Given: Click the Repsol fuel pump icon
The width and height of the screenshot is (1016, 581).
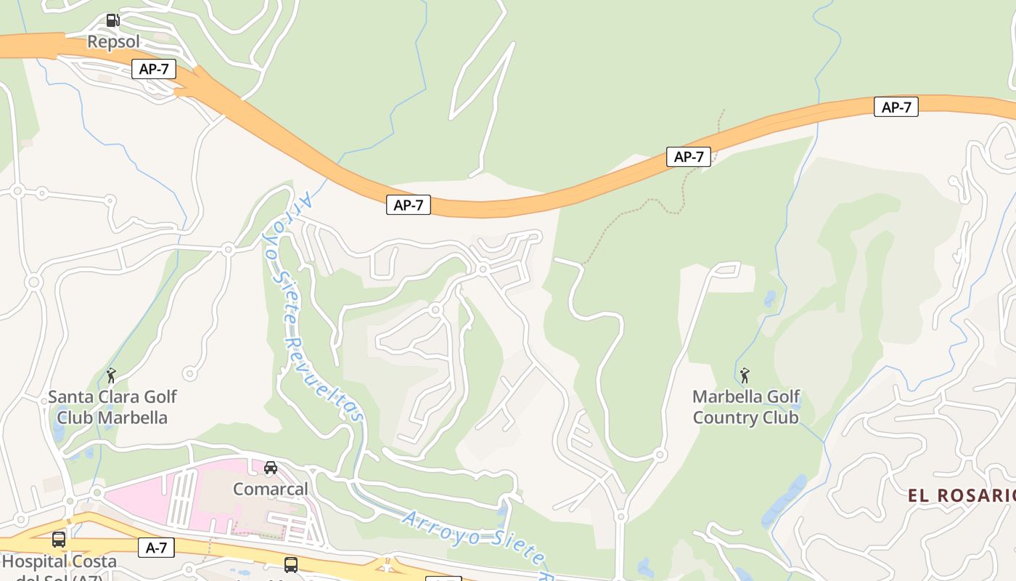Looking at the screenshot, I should tap(112, 20).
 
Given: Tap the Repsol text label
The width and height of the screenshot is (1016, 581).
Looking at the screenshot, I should tap(113, 41).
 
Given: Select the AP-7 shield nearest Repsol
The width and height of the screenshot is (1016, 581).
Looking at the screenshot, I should tap(154, 70).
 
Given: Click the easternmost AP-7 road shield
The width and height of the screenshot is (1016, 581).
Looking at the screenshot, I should tap(896, 107).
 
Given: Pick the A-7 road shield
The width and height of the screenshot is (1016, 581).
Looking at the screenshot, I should tap(157, 548).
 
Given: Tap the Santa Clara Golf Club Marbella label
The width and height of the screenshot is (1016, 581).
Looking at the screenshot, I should tap(112, 407).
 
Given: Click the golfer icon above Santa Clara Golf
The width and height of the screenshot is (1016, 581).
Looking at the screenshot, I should tap(111, 375).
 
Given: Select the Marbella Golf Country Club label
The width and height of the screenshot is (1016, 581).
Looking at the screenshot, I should tap(746, 407).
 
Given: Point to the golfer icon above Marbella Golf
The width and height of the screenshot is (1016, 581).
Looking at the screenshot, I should tap(745, 375).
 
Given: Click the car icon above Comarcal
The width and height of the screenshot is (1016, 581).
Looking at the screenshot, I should tap(271, 468).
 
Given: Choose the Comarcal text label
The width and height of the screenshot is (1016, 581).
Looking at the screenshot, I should tap(271, 489).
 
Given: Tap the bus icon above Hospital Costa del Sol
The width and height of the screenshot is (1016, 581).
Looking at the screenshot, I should tap(59, 540).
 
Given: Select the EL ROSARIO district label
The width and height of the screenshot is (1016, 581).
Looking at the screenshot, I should tap(961, 496).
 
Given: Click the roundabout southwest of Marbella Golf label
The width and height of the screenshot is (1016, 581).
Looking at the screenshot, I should tap(660, 455).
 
